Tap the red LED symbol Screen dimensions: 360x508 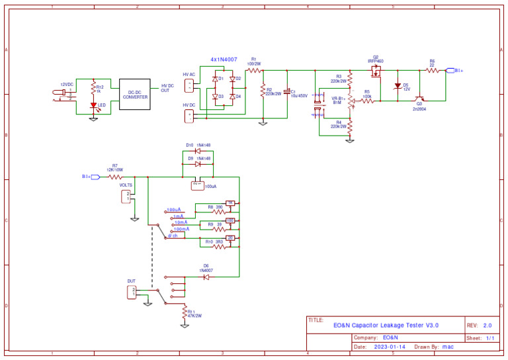coord(93,106)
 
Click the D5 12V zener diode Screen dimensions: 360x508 coord(398,86)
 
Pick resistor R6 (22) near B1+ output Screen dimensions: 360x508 coord(432,70)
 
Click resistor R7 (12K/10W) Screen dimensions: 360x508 coord(115,177)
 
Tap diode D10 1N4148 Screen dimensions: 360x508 coord(197,151)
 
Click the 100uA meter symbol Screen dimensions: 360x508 coord(197,185)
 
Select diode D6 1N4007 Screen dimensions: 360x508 coord(206,277)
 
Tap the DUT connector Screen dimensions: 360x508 coord(132,291)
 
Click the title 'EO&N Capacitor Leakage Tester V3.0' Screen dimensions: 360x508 coord(386,325)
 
